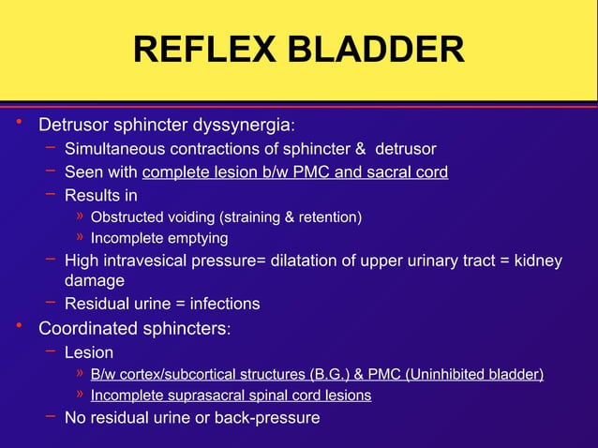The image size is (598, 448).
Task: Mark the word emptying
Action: coord(198,239)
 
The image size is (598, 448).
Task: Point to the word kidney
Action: coord(538,261)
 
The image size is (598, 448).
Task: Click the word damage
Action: coord(94,281)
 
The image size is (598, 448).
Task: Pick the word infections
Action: coord(224,304)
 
